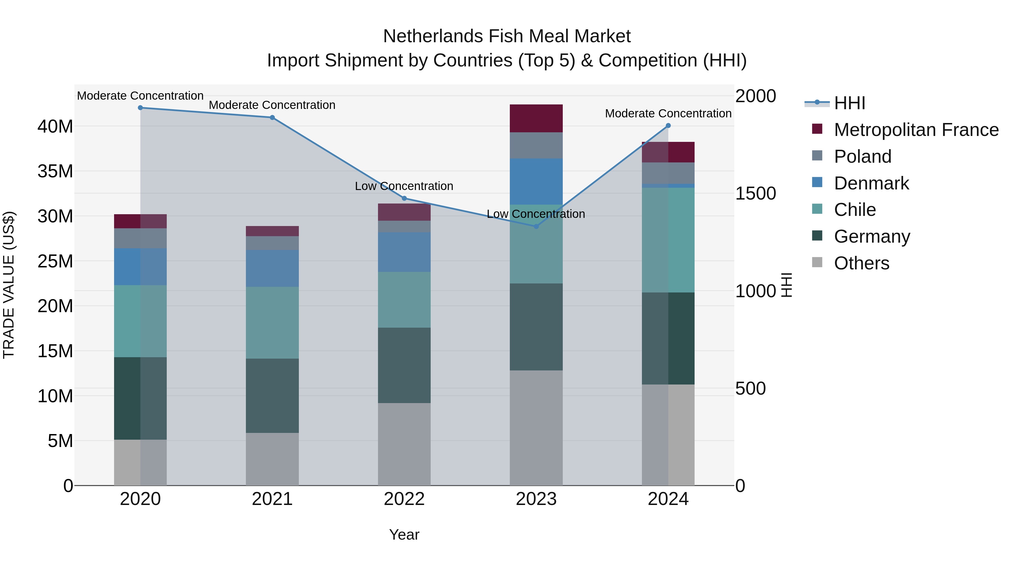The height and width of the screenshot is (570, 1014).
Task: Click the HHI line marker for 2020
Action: [x=140, y=108]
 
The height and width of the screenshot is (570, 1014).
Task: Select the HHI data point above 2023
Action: [x=536, y=227]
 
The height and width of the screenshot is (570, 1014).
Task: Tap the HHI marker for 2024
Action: [x=668, y=126]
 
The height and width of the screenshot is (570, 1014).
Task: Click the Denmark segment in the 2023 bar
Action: [x=536, y=181]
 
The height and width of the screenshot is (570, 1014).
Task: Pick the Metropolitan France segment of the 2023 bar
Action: [x=536, y=119]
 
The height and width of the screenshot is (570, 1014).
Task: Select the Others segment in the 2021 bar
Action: [x=272, y=459]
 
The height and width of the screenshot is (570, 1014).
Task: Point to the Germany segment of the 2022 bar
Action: [x=404, y=365]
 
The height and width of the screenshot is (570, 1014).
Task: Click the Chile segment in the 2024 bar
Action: [x=668, y=240]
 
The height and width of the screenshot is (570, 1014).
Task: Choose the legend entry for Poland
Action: [x=862, y=157]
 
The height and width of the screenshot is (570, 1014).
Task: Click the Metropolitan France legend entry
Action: [x=916, y=130]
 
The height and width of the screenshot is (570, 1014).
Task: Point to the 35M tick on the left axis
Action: [x=55, y=171]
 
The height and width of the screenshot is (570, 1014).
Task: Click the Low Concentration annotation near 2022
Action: [x=404, y=186]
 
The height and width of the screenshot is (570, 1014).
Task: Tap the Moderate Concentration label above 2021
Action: [x=272, y=105]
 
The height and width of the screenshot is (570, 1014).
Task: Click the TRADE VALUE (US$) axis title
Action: [x=9, y=285]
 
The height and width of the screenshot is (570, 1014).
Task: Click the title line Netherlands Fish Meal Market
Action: [x=507, y=36]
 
